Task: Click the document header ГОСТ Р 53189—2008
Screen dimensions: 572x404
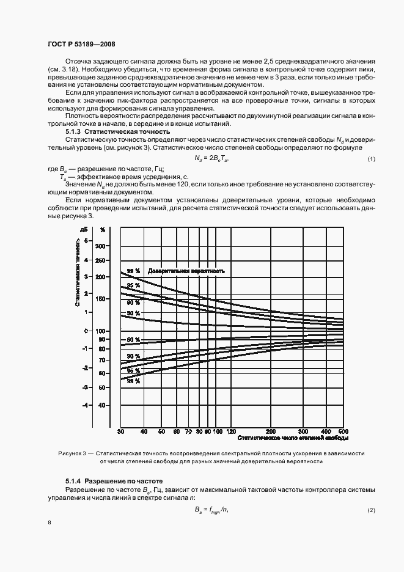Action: (81, 44)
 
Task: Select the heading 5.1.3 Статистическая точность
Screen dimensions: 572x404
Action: (117, 132)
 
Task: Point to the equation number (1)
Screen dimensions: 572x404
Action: (371, 159)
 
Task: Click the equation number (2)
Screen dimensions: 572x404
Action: (371, 510)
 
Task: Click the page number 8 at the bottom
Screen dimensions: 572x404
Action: (50, 522)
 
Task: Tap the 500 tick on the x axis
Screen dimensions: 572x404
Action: (343, 431)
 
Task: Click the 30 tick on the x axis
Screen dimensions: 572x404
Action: (121, 431)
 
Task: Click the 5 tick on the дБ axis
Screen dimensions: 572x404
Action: (87, 240)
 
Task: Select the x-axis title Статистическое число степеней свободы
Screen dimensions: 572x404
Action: (293, 438)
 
